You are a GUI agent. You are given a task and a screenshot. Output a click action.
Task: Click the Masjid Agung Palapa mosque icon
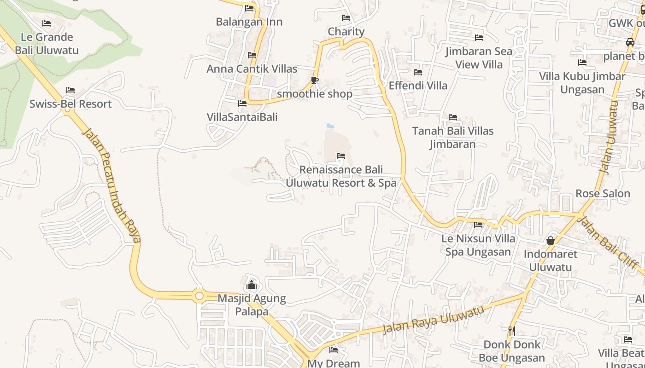(x=252, y=285)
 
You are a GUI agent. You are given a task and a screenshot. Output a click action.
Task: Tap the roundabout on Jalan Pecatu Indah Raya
(x=199, y=296)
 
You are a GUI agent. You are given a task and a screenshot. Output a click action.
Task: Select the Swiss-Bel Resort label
(x=70, y=104)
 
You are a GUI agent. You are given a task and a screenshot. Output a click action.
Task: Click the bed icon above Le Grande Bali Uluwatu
(x=47, y=23)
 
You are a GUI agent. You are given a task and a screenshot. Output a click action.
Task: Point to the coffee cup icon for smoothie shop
(x=315, y=80)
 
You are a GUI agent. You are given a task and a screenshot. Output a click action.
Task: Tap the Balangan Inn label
(x=249, y=22)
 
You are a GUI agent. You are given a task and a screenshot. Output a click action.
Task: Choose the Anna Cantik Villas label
(x=252, y=69)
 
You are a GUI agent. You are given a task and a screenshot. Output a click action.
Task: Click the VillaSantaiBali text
(x=242, y=117)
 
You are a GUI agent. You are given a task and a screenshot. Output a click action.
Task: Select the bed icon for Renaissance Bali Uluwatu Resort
(x=341, y=156)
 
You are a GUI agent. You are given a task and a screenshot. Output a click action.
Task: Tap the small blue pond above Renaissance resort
(x=330, y=125)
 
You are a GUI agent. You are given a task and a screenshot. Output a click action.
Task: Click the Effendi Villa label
(x=418, y=86)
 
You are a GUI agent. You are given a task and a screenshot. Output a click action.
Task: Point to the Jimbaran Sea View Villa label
(x=479, y=57)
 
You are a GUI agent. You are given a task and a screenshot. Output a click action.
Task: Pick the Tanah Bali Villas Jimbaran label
(x=453, y=137)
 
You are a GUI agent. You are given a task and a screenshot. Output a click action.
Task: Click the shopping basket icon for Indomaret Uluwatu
(x=550, y=241)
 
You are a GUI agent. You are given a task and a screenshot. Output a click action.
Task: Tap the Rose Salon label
(x=603, y=193)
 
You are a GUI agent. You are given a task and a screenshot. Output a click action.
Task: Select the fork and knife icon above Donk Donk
(x=511, y=331)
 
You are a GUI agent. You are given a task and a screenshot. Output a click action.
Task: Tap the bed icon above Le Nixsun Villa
(x=478, y=225)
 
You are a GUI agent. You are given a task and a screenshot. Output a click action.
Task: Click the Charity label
(x=346, y=32)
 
